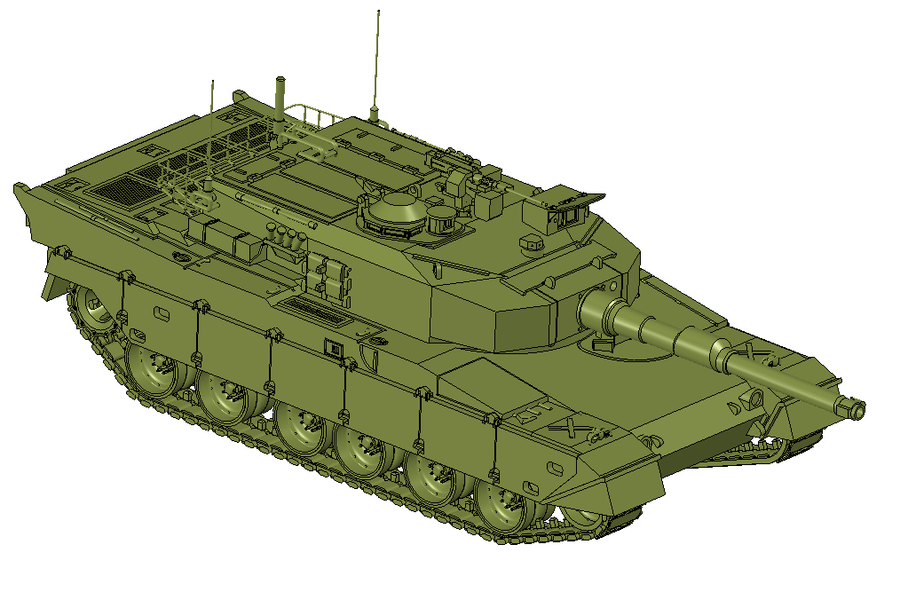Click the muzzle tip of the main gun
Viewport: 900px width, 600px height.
click(x=857, y=409)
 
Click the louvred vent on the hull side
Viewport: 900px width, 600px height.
click(x=315, y=310)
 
